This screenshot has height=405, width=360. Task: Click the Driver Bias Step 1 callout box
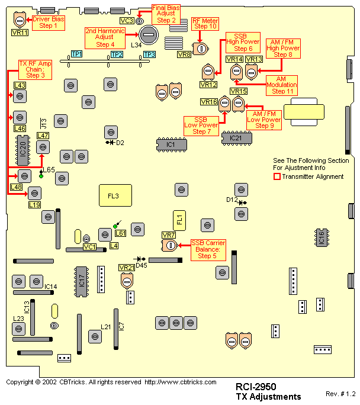(x=49, y=22)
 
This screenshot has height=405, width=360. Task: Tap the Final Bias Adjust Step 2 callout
(x=166, y=14)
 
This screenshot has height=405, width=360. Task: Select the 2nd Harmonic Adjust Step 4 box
(x=104, y=37)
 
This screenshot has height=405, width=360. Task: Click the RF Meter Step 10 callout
(x=205, y=23)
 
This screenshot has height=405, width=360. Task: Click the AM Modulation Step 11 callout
(x=282, y=85)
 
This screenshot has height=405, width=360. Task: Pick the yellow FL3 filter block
(x=114, y=195)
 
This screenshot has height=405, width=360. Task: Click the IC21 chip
(x=236, y=138)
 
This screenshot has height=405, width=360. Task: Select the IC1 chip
(x=171, y=144)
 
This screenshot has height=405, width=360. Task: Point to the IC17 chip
(x=82, y=280)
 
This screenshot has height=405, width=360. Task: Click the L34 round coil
(x=149, y=35)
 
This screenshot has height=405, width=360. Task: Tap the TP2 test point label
(x=117, y=54)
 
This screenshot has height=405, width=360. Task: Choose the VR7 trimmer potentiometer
(x=171, y=245)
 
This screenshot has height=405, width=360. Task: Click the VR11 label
(x=20, y=33)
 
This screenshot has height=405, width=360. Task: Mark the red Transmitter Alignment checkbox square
(x=277, y=176)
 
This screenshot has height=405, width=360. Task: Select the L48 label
(x=17, y=188)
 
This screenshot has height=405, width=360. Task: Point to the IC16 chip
(x=322, y=237)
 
